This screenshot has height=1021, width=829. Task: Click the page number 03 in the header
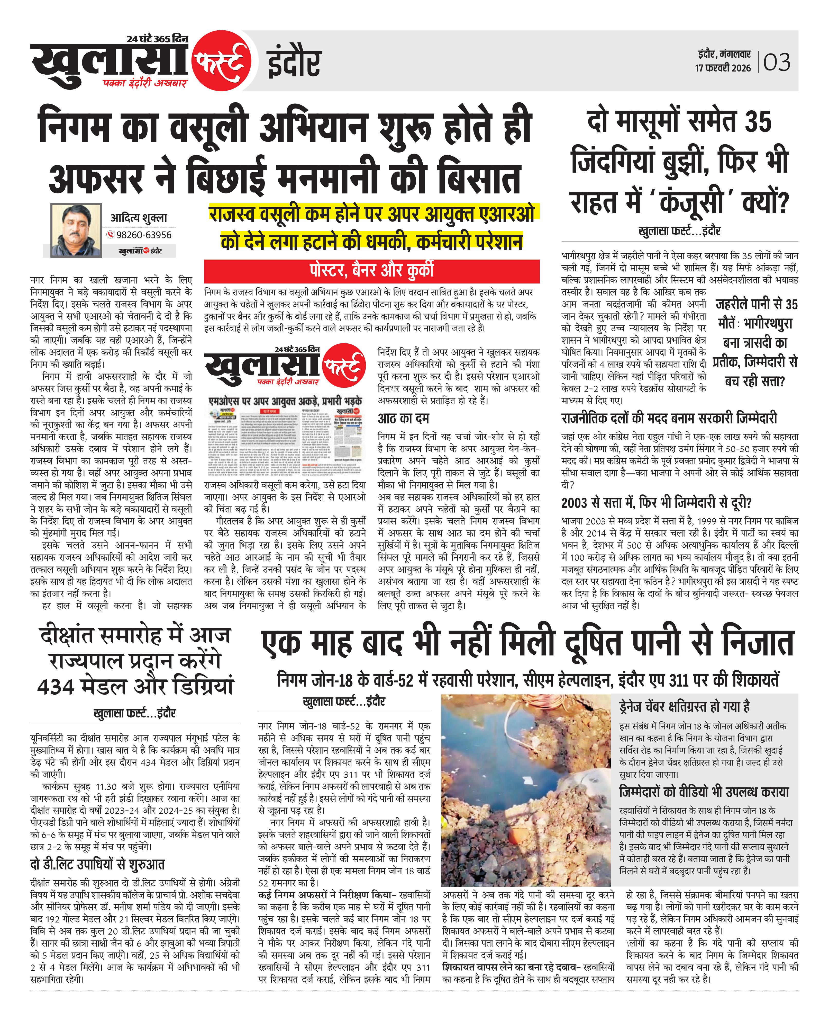tap(777, 63)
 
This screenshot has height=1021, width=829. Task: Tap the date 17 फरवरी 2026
tap(723, 68)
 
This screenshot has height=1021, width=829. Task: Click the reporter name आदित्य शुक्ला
tap(139, 218)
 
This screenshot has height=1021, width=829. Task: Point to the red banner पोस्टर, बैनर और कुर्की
tap(371, 271)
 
